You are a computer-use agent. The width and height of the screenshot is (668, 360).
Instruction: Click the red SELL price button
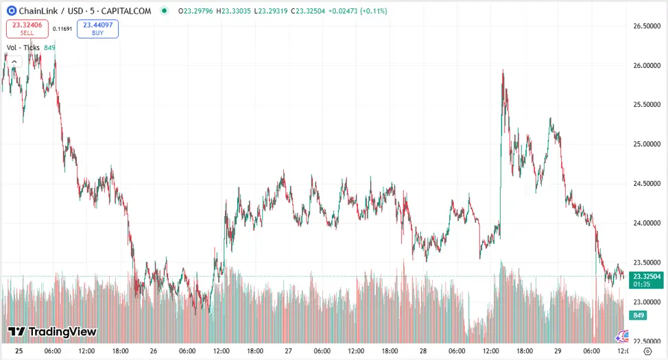pos(27,28)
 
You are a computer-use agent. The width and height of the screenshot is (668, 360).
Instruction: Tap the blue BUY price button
pos(97,28)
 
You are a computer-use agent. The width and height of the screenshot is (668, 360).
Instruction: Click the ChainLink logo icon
pos(12,11)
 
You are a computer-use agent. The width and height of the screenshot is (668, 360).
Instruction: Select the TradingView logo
pos(52,332)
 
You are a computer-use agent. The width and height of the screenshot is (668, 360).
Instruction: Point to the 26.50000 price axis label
pos(645,26)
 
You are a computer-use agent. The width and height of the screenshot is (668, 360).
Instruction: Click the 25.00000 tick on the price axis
pos(645,145)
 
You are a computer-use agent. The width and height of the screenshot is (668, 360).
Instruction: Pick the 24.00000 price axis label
pos(645,224)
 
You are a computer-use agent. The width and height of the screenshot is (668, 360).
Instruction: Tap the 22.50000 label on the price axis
pos(645,341)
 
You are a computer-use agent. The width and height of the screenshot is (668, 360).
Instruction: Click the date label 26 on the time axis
pos(154,351)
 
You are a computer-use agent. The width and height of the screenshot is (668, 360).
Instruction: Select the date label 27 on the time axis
pos(288,351)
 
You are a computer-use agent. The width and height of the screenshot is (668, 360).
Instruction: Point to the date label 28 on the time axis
pos(423,351)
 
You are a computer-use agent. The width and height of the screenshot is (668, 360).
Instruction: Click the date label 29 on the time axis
pos(558,351)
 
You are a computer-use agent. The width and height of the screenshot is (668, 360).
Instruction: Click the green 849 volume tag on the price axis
pos(638,315)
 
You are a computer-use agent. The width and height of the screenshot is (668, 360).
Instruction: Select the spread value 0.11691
pos(62,29)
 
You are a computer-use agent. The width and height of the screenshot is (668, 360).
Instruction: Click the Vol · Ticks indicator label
pos(23,47)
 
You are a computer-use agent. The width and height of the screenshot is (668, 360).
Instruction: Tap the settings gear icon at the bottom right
pos(647,351)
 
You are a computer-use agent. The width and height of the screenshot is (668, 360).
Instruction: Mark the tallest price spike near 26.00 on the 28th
pos(503,71)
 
